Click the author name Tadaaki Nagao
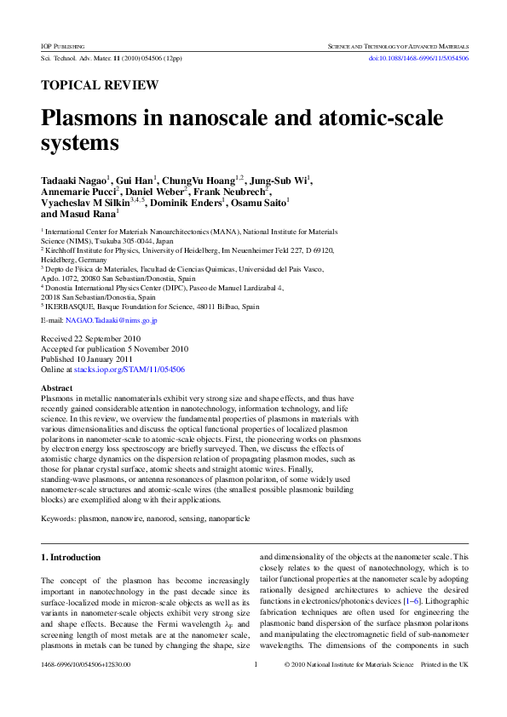[x=73, y=180]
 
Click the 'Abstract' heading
[x=57, y=388]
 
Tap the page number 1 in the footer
[x=256, y=688]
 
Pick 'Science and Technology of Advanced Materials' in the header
[x=398, y=43]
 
